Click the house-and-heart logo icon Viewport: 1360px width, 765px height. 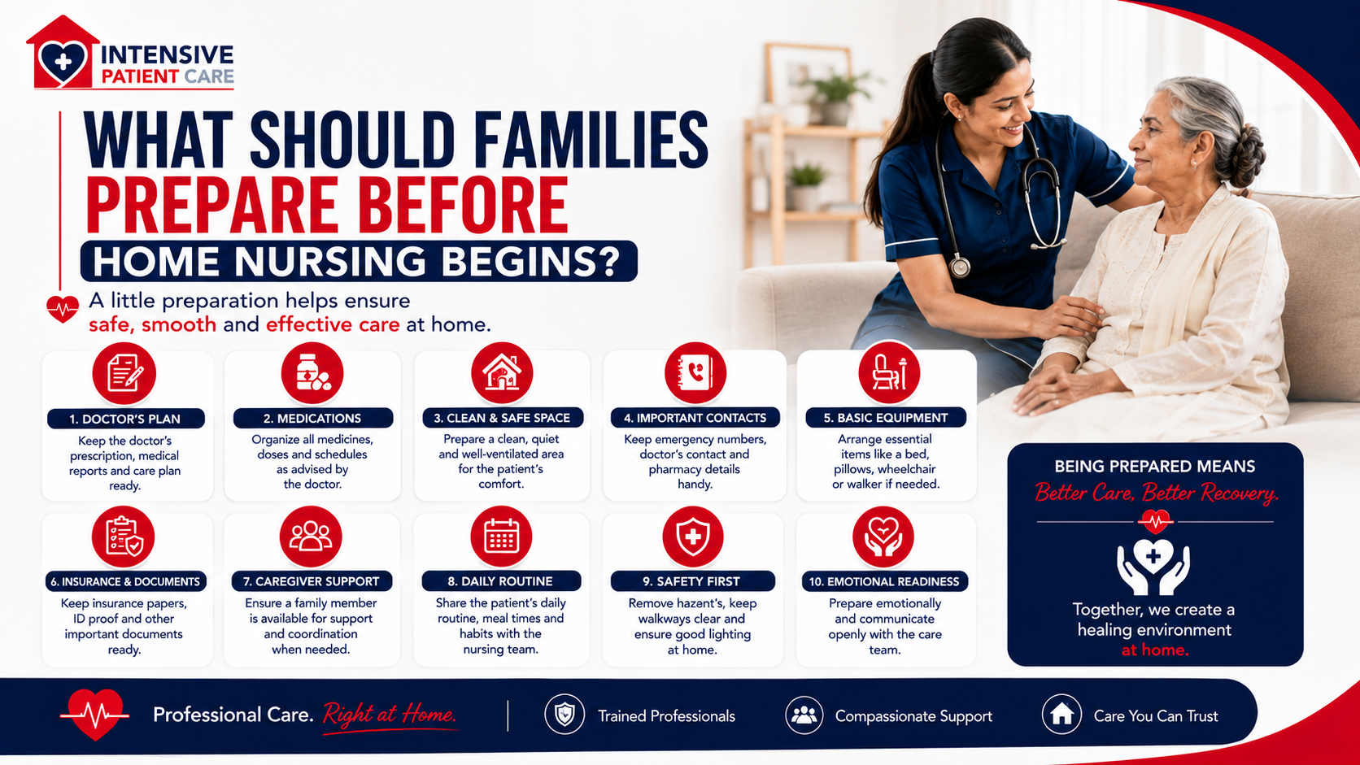coord(63,54)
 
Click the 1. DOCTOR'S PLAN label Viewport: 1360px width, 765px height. coord(125,419)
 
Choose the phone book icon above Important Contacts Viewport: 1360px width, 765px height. coord(695,372)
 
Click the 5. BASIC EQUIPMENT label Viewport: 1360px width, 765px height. coord(885,417)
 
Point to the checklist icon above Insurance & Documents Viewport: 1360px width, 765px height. coord(124,537)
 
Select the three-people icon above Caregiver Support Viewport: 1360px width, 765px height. coord(310,537)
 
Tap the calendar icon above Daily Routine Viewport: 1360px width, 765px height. coord(501,537)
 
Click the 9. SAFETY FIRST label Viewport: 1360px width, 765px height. coord(692,581)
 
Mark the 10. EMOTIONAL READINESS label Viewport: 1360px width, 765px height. coord(884,581)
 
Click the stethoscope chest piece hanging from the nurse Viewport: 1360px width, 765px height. coord(960,267)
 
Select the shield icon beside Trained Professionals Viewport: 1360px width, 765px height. coord(564,715)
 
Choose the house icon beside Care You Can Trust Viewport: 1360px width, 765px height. coord(1061,715)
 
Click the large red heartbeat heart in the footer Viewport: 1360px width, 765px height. coord(94,714)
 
